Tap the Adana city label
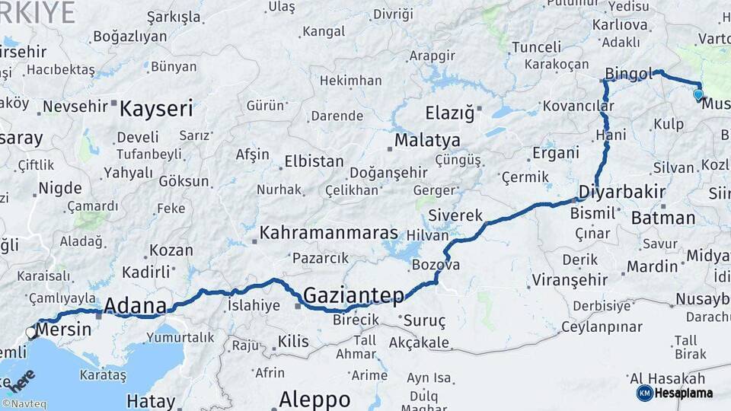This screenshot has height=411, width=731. [135, 306]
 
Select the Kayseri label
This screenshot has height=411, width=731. [156, 109]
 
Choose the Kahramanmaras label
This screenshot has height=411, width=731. [329, 233]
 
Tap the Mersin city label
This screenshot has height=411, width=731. [64, 330]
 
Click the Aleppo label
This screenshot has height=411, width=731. [314, 399]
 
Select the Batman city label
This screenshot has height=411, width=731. [662, 218]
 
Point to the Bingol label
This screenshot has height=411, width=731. [628, 74]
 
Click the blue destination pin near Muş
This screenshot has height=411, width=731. [698, 95]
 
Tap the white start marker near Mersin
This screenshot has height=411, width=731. [31, 332]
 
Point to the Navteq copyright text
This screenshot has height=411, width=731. [24, 404]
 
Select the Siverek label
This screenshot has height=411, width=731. [455, 215]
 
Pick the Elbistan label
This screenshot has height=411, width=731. [314, 162]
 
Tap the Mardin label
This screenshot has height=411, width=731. [652, 266]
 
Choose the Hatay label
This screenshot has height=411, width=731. [151, 400]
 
